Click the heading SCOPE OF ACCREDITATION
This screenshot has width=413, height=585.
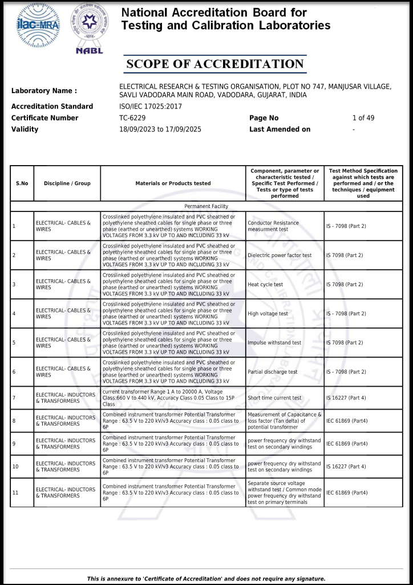pos(215,64)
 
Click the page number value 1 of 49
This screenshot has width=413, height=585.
pos(363,118)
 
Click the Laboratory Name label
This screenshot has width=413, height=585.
pos(44,91)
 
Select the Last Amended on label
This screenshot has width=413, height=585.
pos(280,129)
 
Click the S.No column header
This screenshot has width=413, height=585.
pos(22,183)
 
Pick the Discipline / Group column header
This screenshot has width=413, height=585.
pos(67,183)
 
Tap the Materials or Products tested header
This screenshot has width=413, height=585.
pos(173,183)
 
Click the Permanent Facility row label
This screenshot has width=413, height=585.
pos(206,206)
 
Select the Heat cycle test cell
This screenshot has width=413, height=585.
pos(265,285)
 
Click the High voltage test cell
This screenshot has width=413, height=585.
pos(268,314)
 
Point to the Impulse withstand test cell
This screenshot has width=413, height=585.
pos(274,343)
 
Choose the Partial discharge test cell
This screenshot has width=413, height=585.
pos(272,372)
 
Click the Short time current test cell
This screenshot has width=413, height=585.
pos(274,398)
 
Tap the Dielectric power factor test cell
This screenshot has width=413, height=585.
pos(280,255)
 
